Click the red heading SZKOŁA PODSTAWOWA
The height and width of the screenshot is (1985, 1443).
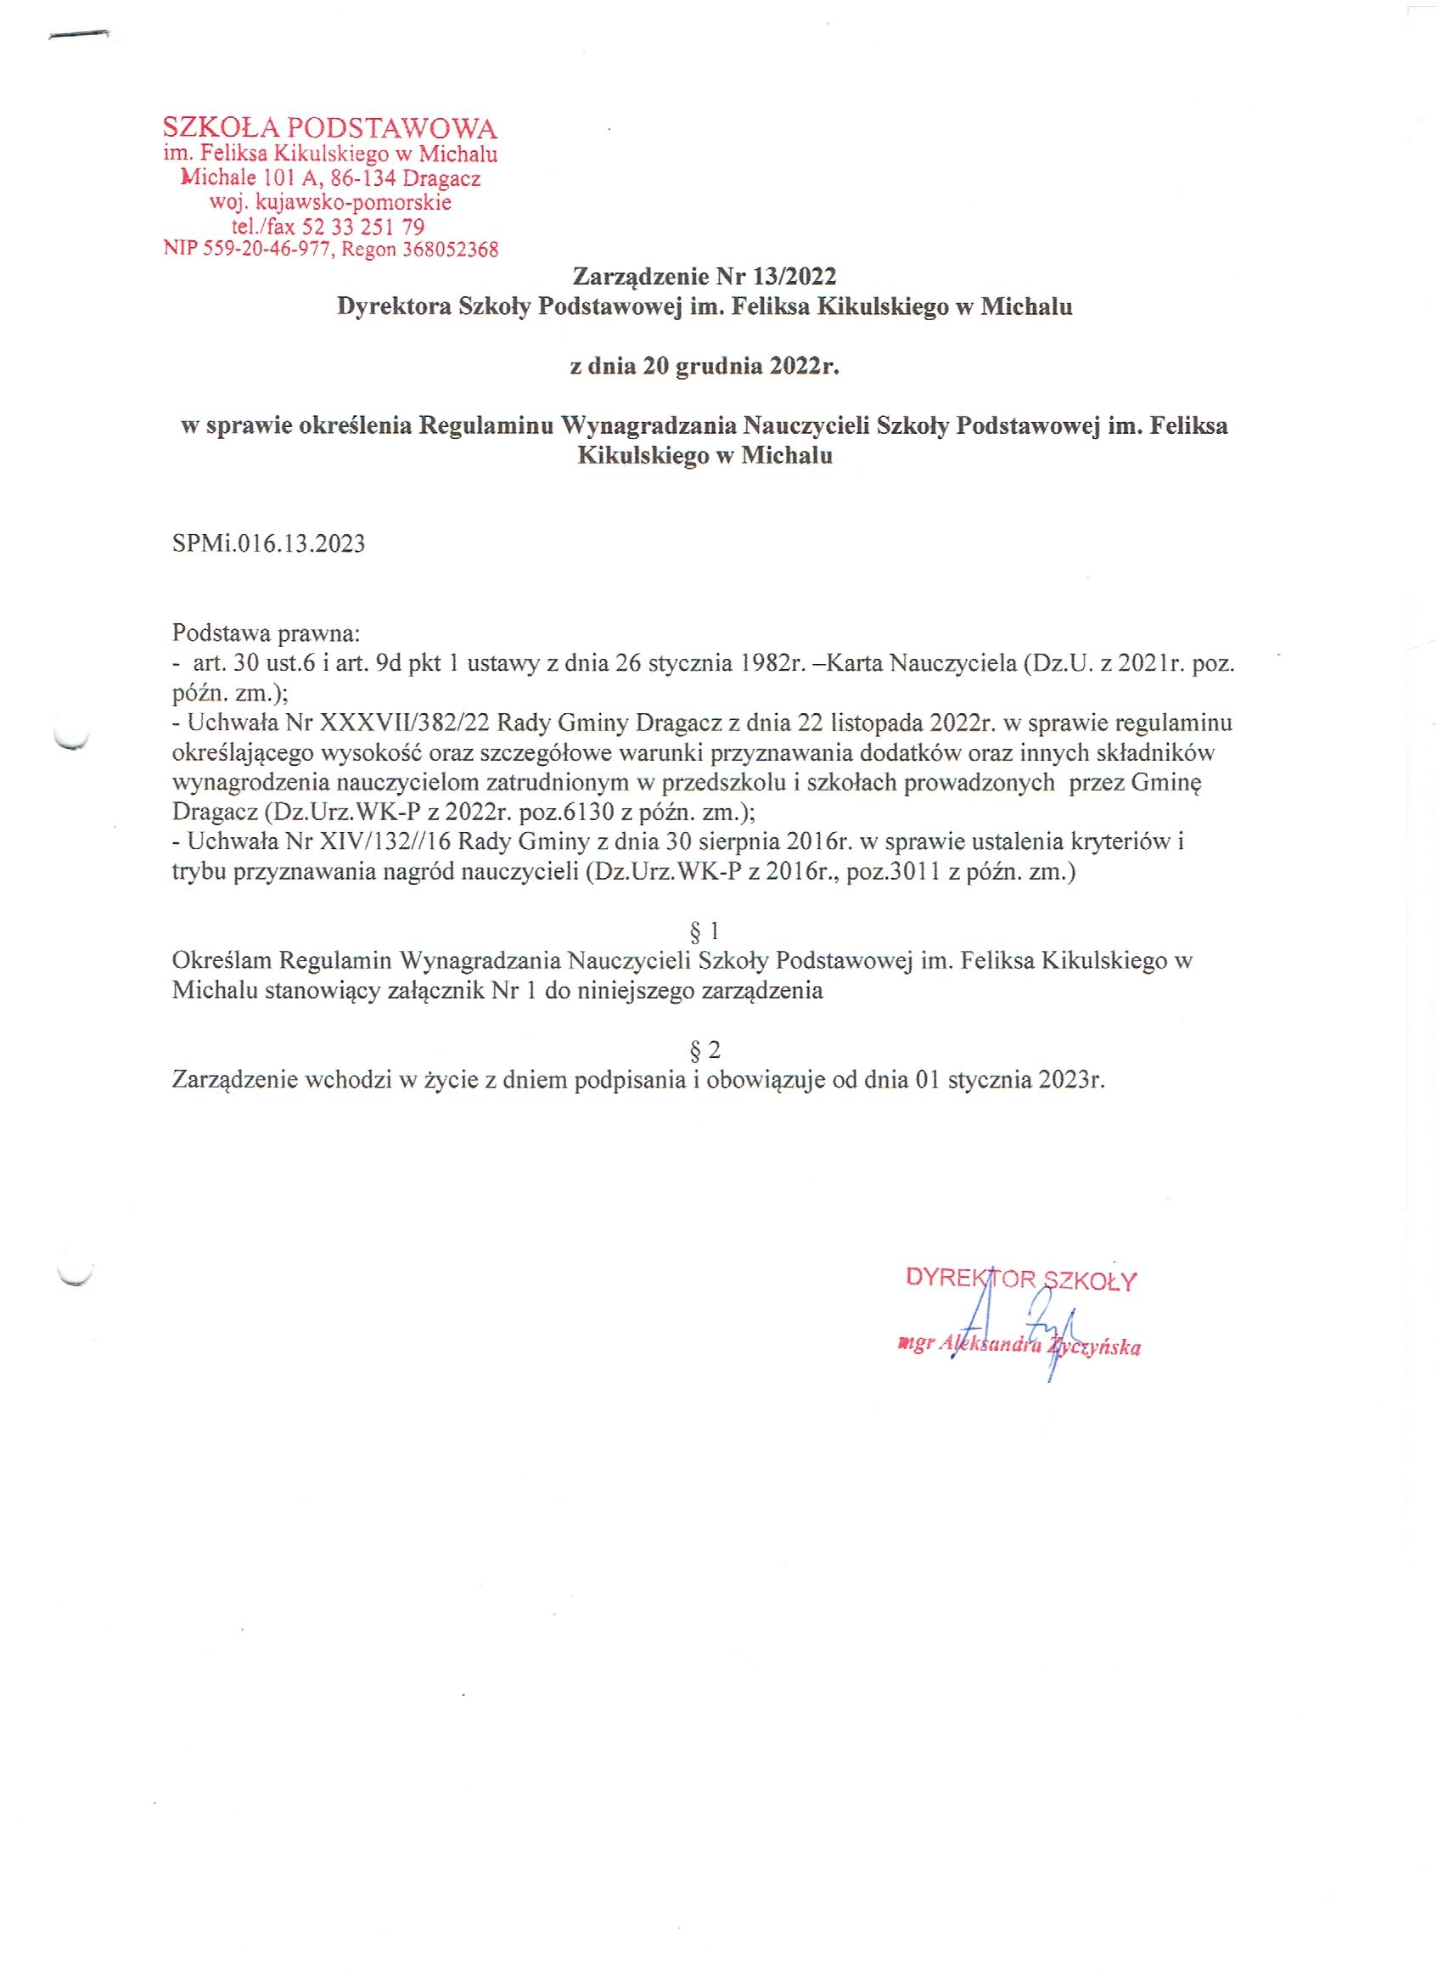pos(330,130)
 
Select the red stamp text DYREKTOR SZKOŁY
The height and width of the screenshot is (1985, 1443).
pos(1021,1281)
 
